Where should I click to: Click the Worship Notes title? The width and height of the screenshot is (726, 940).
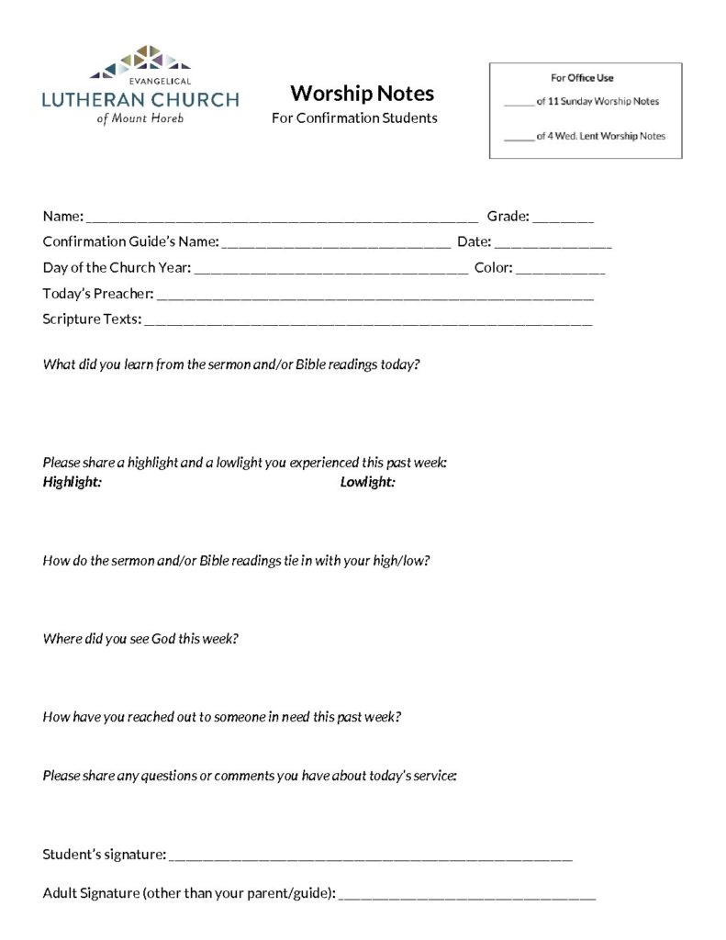pos(362,94)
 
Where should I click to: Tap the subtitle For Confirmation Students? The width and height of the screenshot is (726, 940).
pos(354,118)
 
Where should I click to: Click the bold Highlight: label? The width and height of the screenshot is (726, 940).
pos(72,482)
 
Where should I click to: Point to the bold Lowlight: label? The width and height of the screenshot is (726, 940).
pos(367,482)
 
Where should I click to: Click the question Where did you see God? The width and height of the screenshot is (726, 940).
pos(140,638)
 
